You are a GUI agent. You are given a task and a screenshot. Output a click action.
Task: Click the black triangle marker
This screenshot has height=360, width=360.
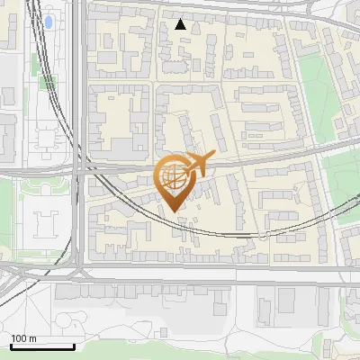[x=181, y=25]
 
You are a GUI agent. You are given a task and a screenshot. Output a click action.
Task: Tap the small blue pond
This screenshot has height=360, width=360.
[x=49, y=21]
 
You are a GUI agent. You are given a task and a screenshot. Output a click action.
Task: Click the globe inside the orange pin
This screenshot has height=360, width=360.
[x=172, y=175]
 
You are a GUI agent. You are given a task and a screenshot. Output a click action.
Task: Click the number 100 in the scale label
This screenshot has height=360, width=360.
[x=19, y=338]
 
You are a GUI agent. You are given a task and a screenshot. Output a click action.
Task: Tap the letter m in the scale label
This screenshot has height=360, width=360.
[x=32, y=338]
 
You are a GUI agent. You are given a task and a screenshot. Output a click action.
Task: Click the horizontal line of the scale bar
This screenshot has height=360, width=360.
[x=42, y=346]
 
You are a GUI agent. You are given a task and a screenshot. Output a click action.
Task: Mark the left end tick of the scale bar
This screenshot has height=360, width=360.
[x=11, y=345]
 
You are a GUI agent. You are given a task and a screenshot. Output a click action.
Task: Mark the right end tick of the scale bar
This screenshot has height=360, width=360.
[x=74, y=345]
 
